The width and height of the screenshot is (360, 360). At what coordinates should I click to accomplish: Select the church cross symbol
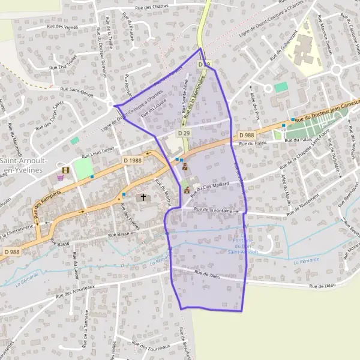pos(143,197)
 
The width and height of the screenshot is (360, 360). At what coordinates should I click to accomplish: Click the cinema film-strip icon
pos(65,170)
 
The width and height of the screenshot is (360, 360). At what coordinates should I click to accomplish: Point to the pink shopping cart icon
pos(61,178)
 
